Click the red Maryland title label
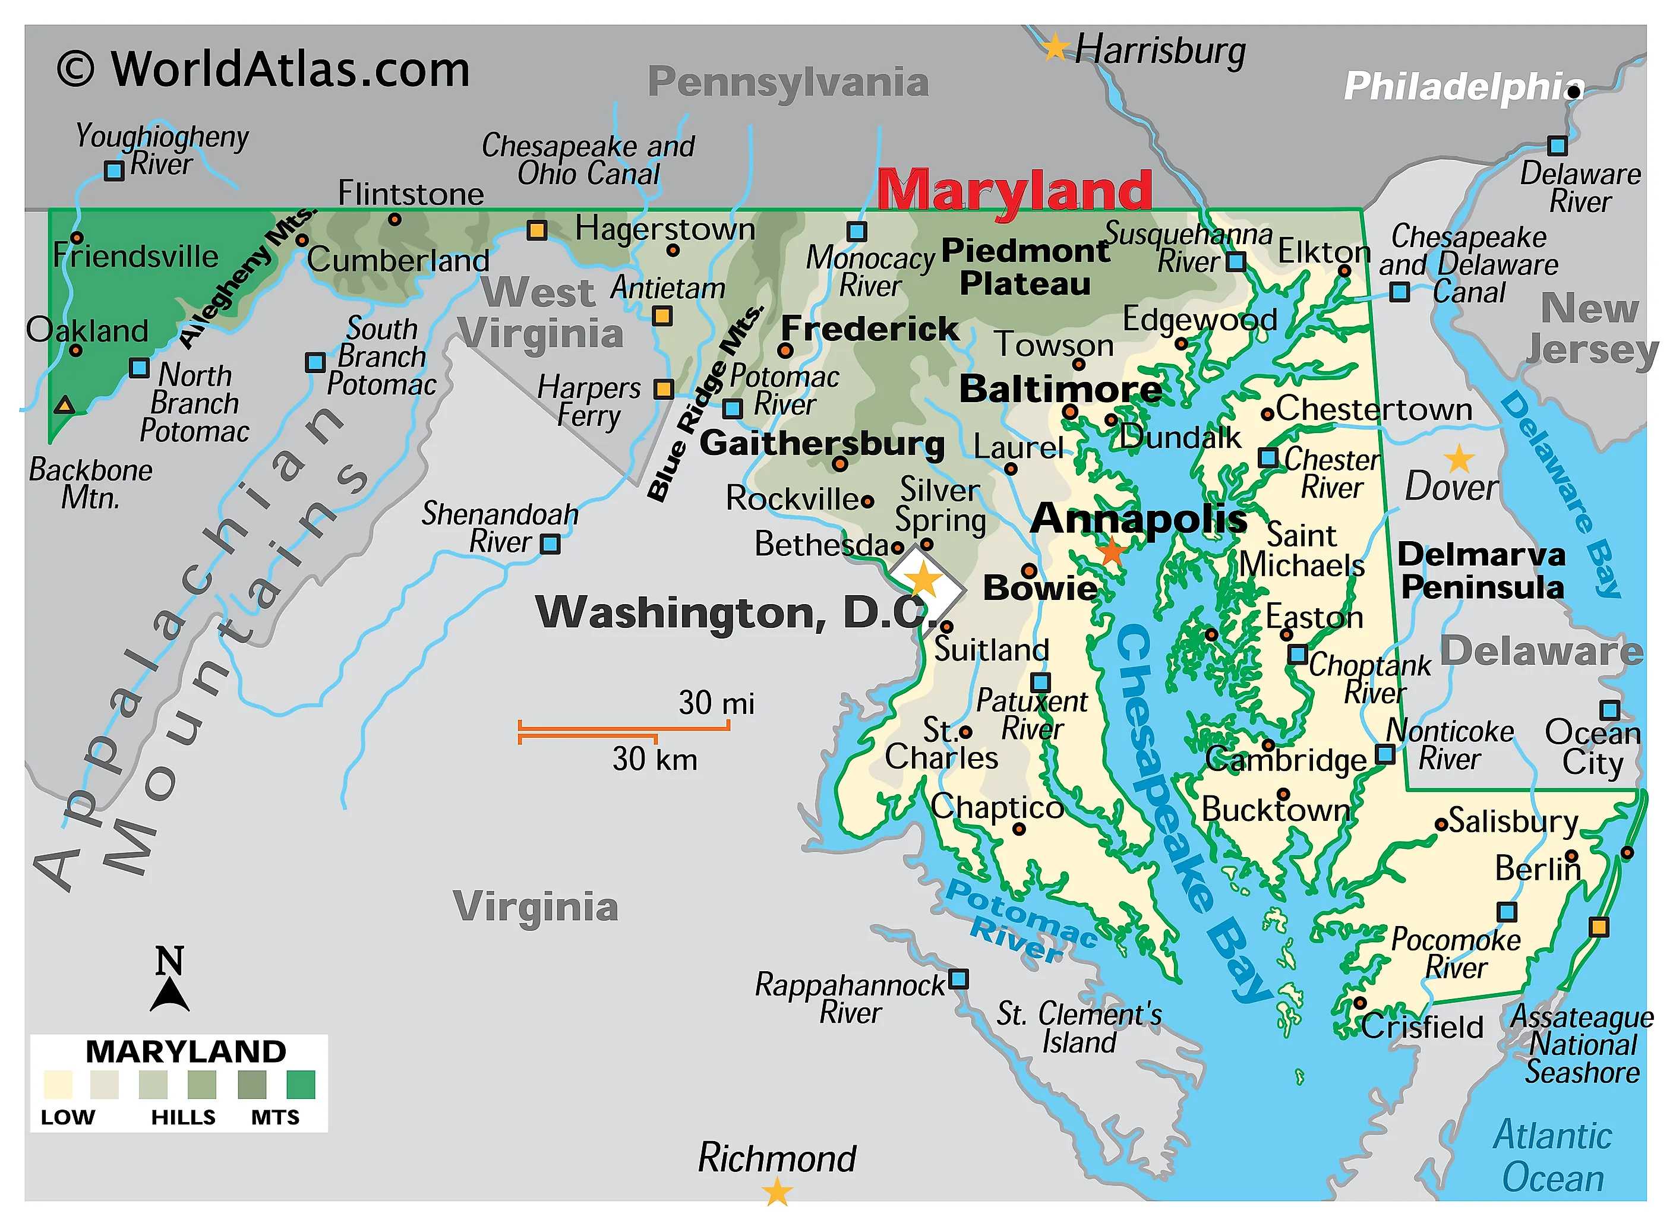1014,191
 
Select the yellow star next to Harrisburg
1055,48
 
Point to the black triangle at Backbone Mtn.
65,405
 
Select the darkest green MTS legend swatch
301,1084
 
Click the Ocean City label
1592,747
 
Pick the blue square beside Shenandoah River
550,544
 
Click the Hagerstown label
664,229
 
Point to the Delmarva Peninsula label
1482,571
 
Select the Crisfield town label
1421,1027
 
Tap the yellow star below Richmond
777,1193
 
